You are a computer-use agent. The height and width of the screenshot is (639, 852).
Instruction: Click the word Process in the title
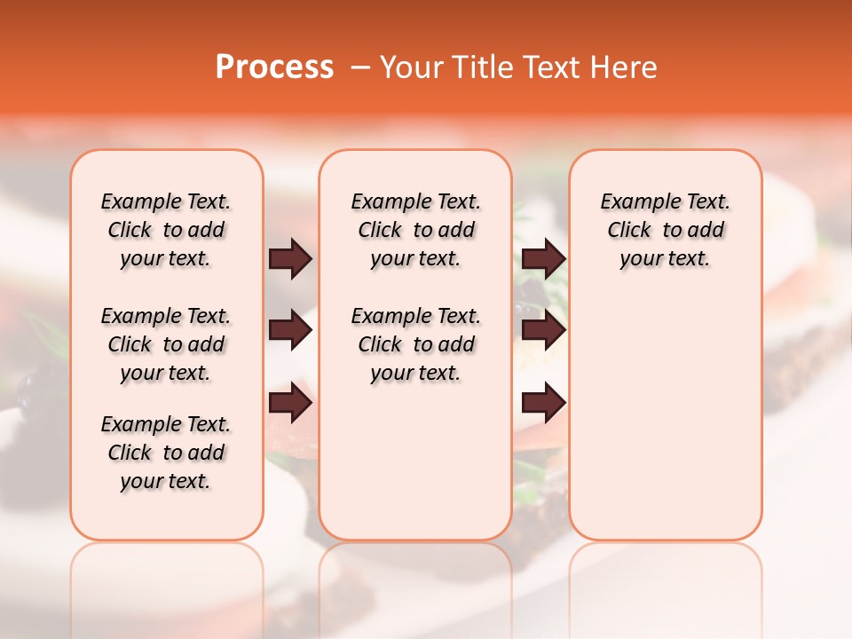[x=274, y=67]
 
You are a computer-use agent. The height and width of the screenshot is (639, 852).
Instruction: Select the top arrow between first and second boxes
[x=290, y=259]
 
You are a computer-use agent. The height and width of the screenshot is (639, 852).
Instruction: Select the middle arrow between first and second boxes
[x=290, y=331]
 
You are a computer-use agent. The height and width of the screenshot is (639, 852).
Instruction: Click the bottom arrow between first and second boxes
[x=290, y=403]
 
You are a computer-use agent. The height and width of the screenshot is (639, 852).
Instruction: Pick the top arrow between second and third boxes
[x=543, y=259]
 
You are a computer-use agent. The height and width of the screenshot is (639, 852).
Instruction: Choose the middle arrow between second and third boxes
[x=543, y=331]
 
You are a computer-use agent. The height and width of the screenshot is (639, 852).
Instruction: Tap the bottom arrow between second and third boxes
[x=543, y=403]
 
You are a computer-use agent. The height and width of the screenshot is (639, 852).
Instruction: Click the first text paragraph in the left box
[x=166, y=230]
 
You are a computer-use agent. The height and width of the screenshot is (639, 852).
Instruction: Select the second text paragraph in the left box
[x=166, y=344]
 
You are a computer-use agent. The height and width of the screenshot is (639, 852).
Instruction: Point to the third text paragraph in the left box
[x=166, y=453]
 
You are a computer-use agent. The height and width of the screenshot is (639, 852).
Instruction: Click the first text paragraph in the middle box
[x=415, y=230]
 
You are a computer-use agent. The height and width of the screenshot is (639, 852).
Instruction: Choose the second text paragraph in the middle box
[x=415, y=344]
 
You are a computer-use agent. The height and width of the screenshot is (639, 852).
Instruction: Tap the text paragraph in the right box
[x=665, y=230]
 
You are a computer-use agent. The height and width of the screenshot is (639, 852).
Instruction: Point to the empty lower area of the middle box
[x=415, y=461]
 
